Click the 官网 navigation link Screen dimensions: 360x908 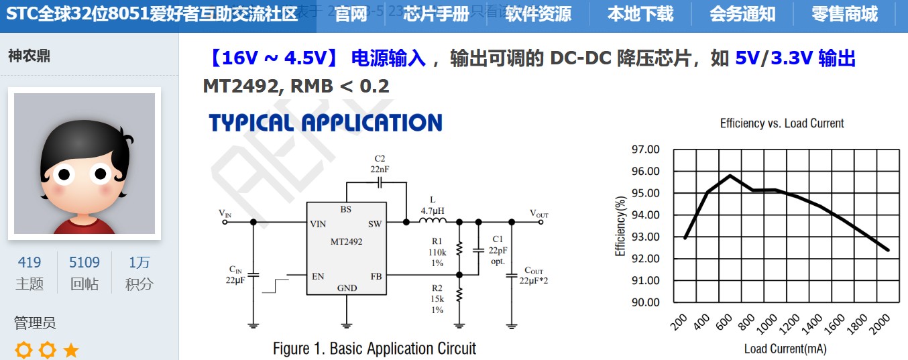pyautogui.click(x=351, y=14)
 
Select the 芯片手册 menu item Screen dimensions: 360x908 pyautogui.click(x=436, y=14)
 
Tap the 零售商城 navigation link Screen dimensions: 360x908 pyautogui.click(x=844, y=14)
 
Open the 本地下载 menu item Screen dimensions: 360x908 pyautogui.click(x=640, y=14)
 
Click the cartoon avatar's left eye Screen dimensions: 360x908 pyautogui.click(x=64, y=175)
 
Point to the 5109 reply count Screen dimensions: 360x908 pyautogui.click(x=84, y=262)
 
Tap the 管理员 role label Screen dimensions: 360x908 pyautogui.click(x=35, y=323)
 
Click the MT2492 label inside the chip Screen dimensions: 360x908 pyautogui.click(x=346, y=242)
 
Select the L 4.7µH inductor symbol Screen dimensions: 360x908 pyautogui.click(x=433, y=221)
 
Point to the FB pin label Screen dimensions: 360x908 pyautogui.click(x=376, y=276)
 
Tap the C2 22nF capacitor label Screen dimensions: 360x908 pyautogui.click(x=380, y=164)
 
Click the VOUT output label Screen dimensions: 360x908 pyautogui.click(x=539, y=215)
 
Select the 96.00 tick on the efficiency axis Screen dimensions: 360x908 pyautogui.click(x=646, y=171)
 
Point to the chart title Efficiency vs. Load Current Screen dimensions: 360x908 pyautogui.click(x=782, y=123)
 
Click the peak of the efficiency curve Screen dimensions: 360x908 pyautogui.click(x=730, y=176)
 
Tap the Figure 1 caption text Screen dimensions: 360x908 pyautogui.click(x=374, y=349)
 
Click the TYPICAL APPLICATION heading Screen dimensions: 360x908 pyautogui.click(x=325, y=123)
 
